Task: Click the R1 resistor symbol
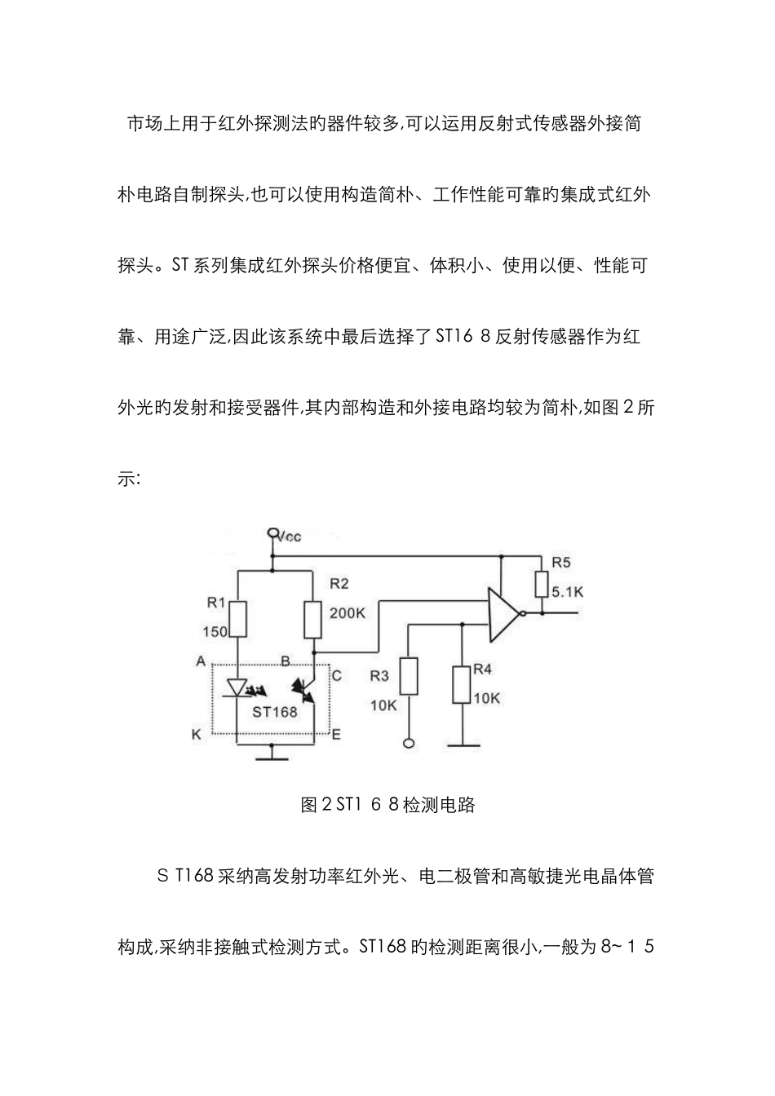237,619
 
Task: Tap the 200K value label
348,612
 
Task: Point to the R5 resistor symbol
541,585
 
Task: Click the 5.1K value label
567,593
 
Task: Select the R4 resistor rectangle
462,684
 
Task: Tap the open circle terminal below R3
409,743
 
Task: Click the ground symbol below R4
462,744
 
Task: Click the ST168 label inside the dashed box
275,711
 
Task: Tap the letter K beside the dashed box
196,735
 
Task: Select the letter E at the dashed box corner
336,735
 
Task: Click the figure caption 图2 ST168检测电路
387,805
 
